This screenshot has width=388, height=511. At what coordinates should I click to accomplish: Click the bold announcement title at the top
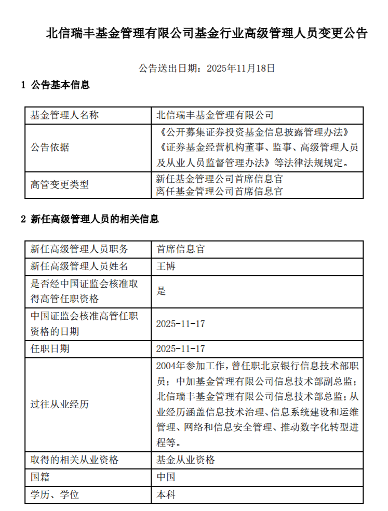206,34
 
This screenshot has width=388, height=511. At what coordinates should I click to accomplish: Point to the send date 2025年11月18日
240,68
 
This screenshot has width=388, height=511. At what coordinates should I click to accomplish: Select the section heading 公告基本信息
60,85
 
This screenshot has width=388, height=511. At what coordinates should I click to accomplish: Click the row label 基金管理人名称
64,115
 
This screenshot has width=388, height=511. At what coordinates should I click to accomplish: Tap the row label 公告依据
50,147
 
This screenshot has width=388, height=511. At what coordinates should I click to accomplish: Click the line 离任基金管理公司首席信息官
219,191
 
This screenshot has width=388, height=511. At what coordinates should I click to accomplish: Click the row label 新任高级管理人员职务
79,249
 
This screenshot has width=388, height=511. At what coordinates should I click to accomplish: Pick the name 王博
166,266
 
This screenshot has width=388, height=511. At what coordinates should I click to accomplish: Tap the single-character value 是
161,291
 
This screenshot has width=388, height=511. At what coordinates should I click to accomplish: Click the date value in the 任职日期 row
180,348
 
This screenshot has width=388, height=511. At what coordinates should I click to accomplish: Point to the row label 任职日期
50,348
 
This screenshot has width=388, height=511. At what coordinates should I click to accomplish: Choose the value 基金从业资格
185,460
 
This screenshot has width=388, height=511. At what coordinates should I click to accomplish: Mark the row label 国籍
41,477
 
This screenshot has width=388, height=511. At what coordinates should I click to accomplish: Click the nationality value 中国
166,477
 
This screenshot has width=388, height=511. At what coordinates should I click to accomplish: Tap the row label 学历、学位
55,494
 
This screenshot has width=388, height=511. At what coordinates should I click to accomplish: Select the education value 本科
166,494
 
